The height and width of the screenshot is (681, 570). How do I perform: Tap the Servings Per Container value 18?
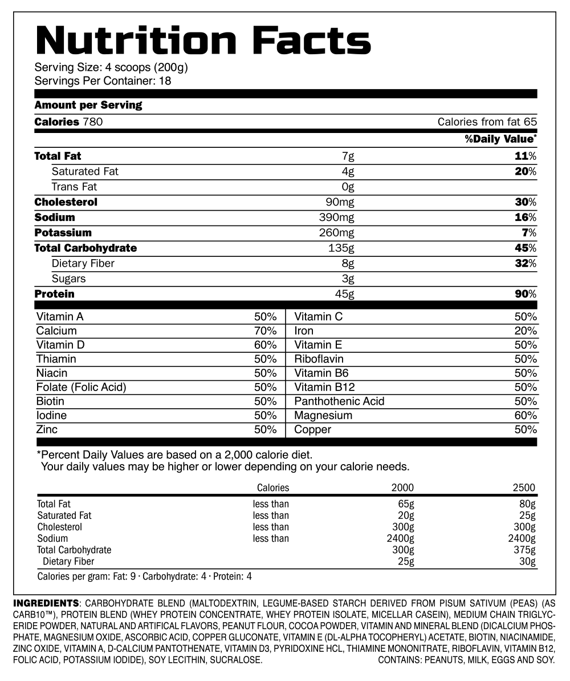[165, 80]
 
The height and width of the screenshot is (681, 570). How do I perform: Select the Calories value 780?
[92, 122]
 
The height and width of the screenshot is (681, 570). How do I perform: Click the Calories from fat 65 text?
[487, 122]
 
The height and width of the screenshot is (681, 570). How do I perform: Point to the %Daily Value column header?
[500, 139]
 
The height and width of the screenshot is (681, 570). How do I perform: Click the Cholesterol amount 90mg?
[340, 202]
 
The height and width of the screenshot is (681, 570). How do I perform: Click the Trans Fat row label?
[74, 187]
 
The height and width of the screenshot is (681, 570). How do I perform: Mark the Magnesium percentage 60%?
[525, 416]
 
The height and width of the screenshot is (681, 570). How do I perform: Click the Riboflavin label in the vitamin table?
[319, 359]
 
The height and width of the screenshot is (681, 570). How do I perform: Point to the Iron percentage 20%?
[525, 331]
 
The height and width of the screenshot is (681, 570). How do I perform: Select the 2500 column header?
[524, 487]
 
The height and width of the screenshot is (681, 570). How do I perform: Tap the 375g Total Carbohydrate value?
[524, 550]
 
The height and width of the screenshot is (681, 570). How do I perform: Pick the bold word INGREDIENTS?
[46, 603]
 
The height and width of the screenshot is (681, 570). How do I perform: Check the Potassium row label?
[63, 233]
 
